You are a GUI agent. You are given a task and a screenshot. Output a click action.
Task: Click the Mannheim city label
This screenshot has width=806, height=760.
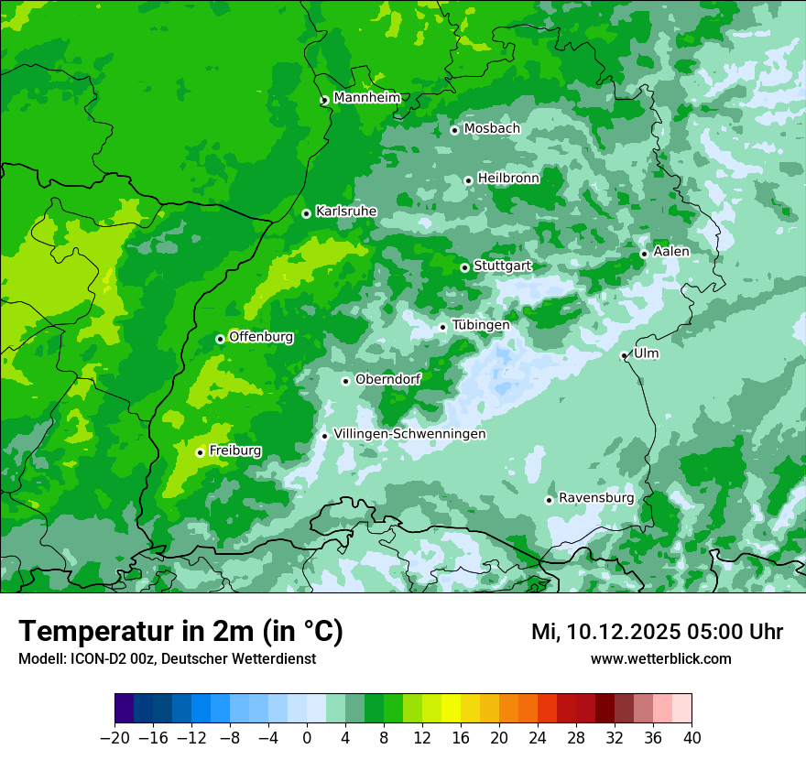[x=366, y=98]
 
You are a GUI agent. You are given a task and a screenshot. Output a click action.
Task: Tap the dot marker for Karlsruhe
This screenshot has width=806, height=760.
[x=306, y=213]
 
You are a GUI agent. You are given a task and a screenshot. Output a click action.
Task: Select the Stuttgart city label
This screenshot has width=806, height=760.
[x=502, y=266]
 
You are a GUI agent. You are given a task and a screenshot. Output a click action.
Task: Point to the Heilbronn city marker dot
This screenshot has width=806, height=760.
[x=468, y=180]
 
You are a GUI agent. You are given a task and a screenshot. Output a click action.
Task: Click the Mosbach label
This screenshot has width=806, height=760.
[x=492, y=129]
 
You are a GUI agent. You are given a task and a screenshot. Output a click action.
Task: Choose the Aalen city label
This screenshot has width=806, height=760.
[x=671, y=252]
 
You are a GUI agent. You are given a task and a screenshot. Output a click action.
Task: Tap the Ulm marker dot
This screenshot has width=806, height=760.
[x=624, y=355]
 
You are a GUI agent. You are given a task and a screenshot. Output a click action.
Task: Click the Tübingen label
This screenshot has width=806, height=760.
[x=481, y=325]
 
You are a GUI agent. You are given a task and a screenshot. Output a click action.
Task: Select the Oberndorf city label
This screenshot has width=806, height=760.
[x=387, y=380]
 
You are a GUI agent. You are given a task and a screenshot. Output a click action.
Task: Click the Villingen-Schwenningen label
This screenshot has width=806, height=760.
[x=409, y=434]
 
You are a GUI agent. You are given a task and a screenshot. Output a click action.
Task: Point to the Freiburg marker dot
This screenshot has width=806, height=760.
[x=200, y=452]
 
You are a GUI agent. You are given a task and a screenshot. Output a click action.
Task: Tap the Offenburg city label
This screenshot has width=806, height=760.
[x=261, y=337]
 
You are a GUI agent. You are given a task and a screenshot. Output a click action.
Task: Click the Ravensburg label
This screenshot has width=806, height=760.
[x=596, y=498]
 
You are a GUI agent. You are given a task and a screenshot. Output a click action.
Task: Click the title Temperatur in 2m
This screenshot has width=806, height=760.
[x=180, y=632]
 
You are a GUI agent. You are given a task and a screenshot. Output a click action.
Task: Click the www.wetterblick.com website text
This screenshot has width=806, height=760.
[x=660, y=659]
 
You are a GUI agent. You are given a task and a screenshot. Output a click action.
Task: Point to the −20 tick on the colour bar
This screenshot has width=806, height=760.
[x=114, y=738]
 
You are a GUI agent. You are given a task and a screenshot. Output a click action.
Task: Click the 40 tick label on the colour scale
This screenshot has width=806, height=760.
[x=692, y=738]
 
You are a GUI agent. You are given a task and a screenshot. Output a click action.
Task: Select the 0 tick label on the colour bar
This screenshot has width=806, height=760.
[x=307, y=738]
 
